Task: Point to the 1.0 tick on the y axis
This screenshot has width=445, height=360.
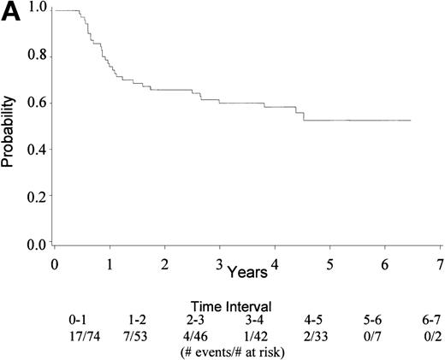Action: [32, 10]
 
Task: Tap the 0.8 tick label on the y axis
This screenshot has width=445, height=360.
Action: [32, 57]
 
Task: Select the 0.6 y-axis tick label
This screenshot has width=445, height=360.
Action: [32, 104]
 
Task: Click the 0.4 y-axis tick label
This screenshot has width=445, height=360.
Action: [32, 150]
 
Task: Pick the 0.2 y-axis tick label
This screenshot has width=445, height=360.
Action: [32, 198]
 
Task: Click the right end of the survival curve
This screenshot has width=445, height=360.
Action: [411, 121]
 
